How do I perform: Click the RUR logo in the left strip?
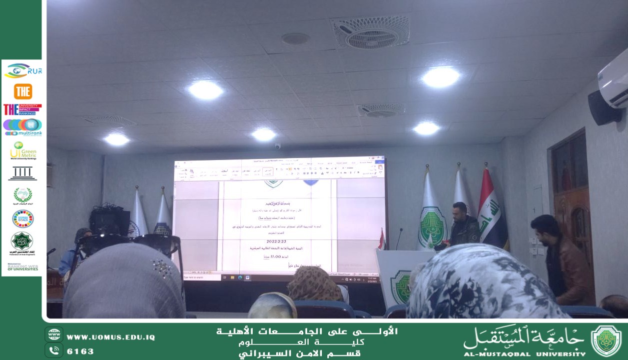point(23,71)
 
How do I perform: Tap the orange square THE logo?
point(23,91)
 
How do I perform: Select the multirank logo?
point(22,127)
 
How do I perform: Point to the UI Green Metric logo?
point(23,150)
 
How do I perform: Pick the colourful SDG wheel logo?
point(22,218)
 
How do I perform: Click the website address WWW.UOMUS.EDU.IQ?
point(110,337)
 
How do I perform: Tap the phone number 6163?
point(80,351)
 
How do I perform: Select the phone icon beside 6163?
point(54,350)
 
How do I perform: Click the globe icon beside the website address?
point(54,334)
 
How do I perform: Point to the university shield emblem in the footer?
point(606,340)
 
